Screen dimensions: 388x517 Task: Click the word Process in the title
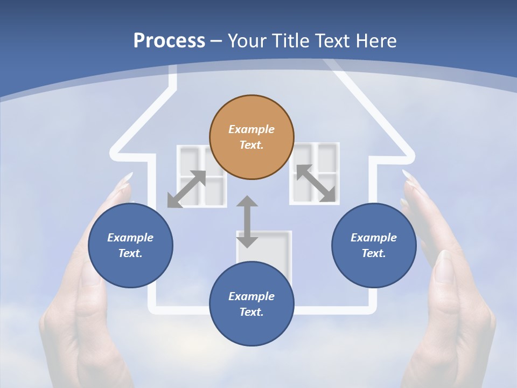[x=169, y=41]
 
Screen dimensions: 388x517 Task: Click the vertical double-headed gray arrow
[x=247, y=221]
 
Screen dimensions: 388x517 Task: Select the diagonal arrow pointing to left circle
[x=186, y=189]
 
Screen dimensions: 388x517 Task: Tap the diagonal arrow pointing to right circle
[x=316, y=183]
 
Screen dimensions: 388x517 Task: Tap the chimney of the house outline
[x=173, y=78]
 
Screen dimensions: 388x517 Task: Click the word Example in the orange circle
[x=251, y=129]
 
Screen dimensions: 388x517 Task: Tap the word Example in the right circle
[x=374, y=238]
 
